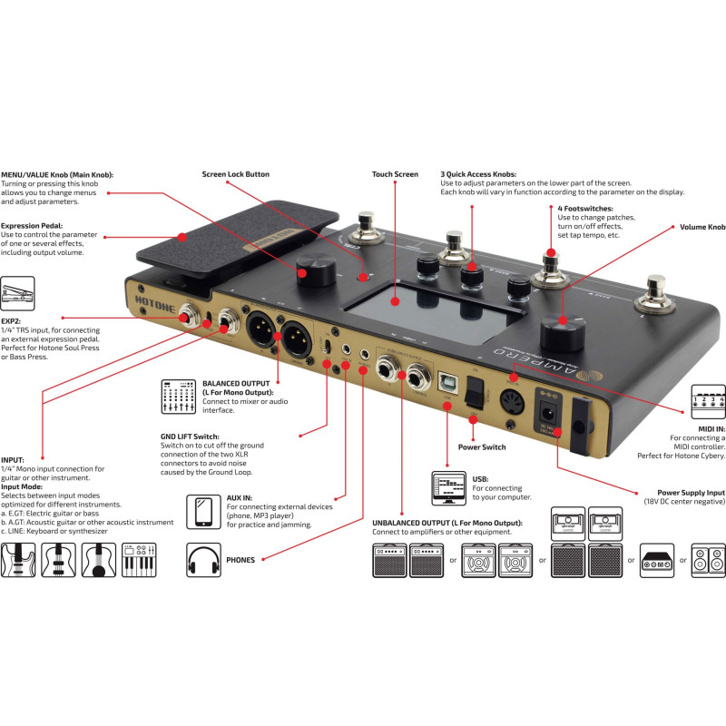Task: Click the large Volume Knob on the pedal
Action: (x=559, y=331)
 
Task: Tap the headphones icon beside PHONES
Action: (x=203, y=559)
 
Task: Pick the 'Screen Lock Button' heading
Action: (x=235, y=173)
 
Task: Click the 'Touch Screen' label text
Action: (x=395, y=173)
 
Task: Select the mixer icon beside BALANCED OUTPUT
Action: (x=177, y=396)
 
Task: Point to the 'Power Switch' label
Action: (x=483, y=446)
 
